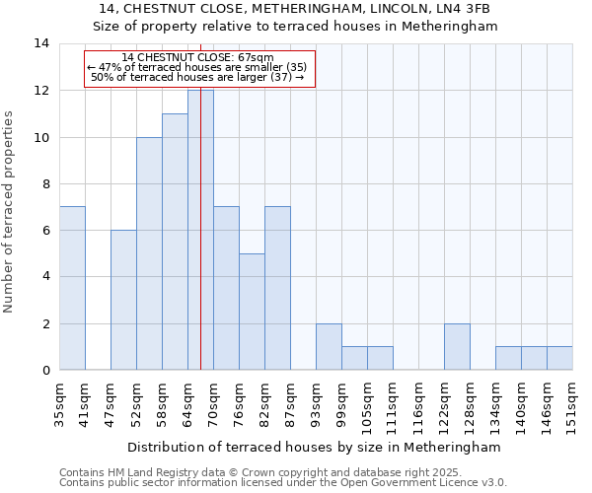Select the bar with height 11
pyautogui.click(x=175, y=242)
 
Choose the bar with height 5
pyautogui.click(x=252, y=312)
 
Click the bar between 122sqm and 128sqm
pyautogui.click(x=457, y=346)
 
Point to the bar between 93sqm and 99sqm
pyautogui.click(x=329, y=346)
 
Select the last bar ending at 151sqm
pyautogui.click(x=559, y=358)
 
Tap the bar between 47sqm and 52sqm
pyautogui.click(x=123, y=300)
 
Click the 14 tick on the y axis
pyautogui.click(x=41, y=43)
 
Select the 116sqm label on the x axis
pyautogui.click(x=418, y=399)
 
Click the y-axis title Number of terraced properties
pyautogui.click(x=9, y=211)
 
